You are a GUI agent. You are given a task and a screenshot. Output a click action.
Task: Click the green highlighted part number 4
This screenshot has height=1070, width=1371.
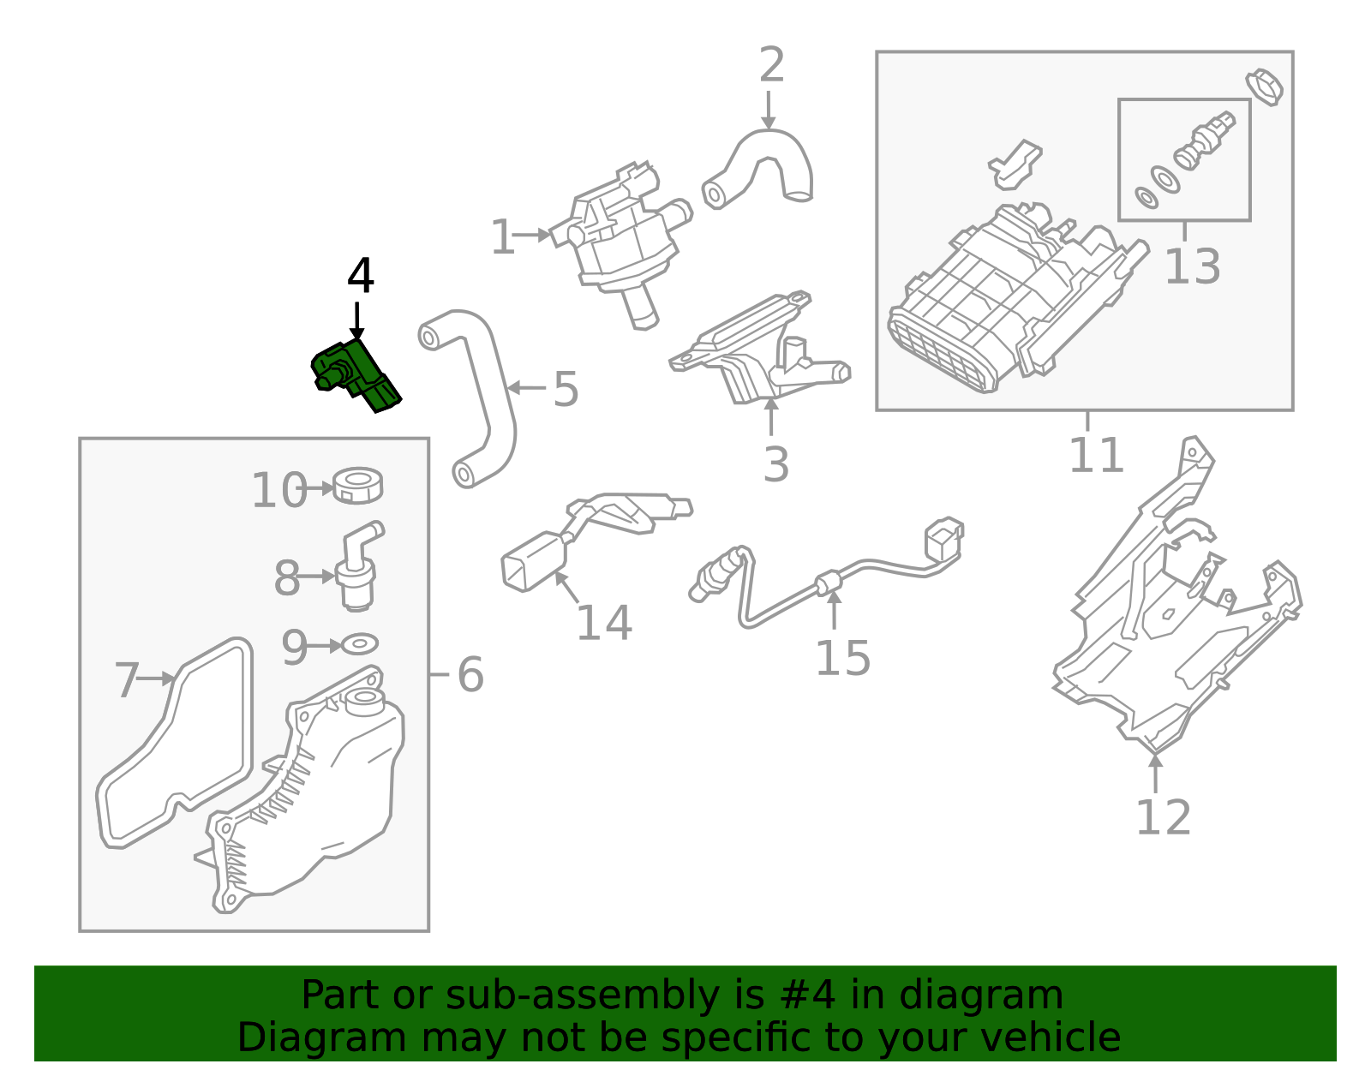pyautogui.click(x=355, y=374)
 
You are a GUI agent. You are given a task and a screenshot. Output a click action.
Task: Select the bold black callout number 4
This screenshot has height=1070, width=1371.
pyautogui.click(x=361, y=277)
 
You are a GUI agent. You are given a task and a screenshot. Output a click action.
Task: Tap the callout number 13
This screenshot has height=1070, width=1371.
pyautogui.click(x=1192, y=266)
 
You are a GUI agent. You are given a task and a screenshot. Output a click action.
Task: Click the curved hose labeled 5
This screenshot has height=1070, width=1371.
pyautogui.click(x=484, y=394)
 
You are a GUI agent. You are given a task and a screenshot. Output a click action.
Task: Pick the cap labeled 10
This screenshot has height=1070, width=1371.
pyautogui.click(x=358, y=486)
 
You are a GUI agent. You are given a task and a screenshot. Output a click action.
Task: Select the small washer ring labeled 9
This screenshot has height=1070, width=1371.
pyautogui.click(x=361, y=643)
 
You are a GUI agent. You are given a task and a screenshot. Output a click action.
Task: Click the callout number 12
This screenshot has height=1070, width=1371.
pyautogui.click(x=1163, y=817)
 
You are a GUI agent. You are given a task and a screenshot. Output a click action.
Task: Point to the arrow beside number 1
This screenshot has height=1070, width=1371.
pyautogui.click(x=534, y=234)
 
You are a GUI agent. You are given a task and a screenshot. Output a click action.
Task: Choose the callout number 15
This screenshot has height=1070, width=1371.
pyautogui.click(x=842, y=658)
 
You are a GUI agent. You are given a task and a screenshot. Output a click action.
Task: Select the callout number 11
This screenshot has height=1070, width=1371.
pyautogui.click(x=1096, y=455)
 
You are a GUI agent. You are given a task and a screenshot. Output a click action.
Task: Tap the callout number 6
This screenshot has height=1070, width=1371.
pyautogui.click(x=470, y=674)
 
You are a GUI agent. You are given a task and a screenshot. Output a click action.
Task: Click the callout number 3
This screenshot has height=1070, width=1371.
pyautogui.click(x=775, y=464)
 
